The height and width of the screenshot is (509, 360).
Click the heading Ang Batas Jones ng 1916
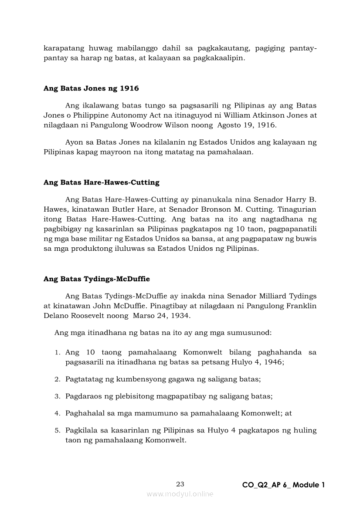pos(91,88)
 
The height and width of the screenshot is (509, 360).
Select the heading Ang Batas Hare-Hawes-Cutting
pos(102,182)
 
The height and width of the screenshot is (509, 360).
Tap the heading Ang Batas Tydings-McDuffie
pos(97,279)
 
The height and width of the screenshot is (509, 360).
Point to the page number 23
pos(180,484)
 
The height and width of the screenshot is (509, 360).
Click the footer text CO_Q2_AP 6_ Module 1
pos(284,485)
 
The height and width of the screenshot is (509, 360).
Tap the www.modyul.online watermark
pos(180,494)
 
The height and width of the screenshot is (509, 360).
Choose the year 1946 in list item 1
pos(274,362)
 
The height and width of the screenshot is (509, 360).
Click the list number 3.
pos(57,397)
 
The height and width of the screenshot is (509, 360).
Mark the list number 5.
pos(57,431)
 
